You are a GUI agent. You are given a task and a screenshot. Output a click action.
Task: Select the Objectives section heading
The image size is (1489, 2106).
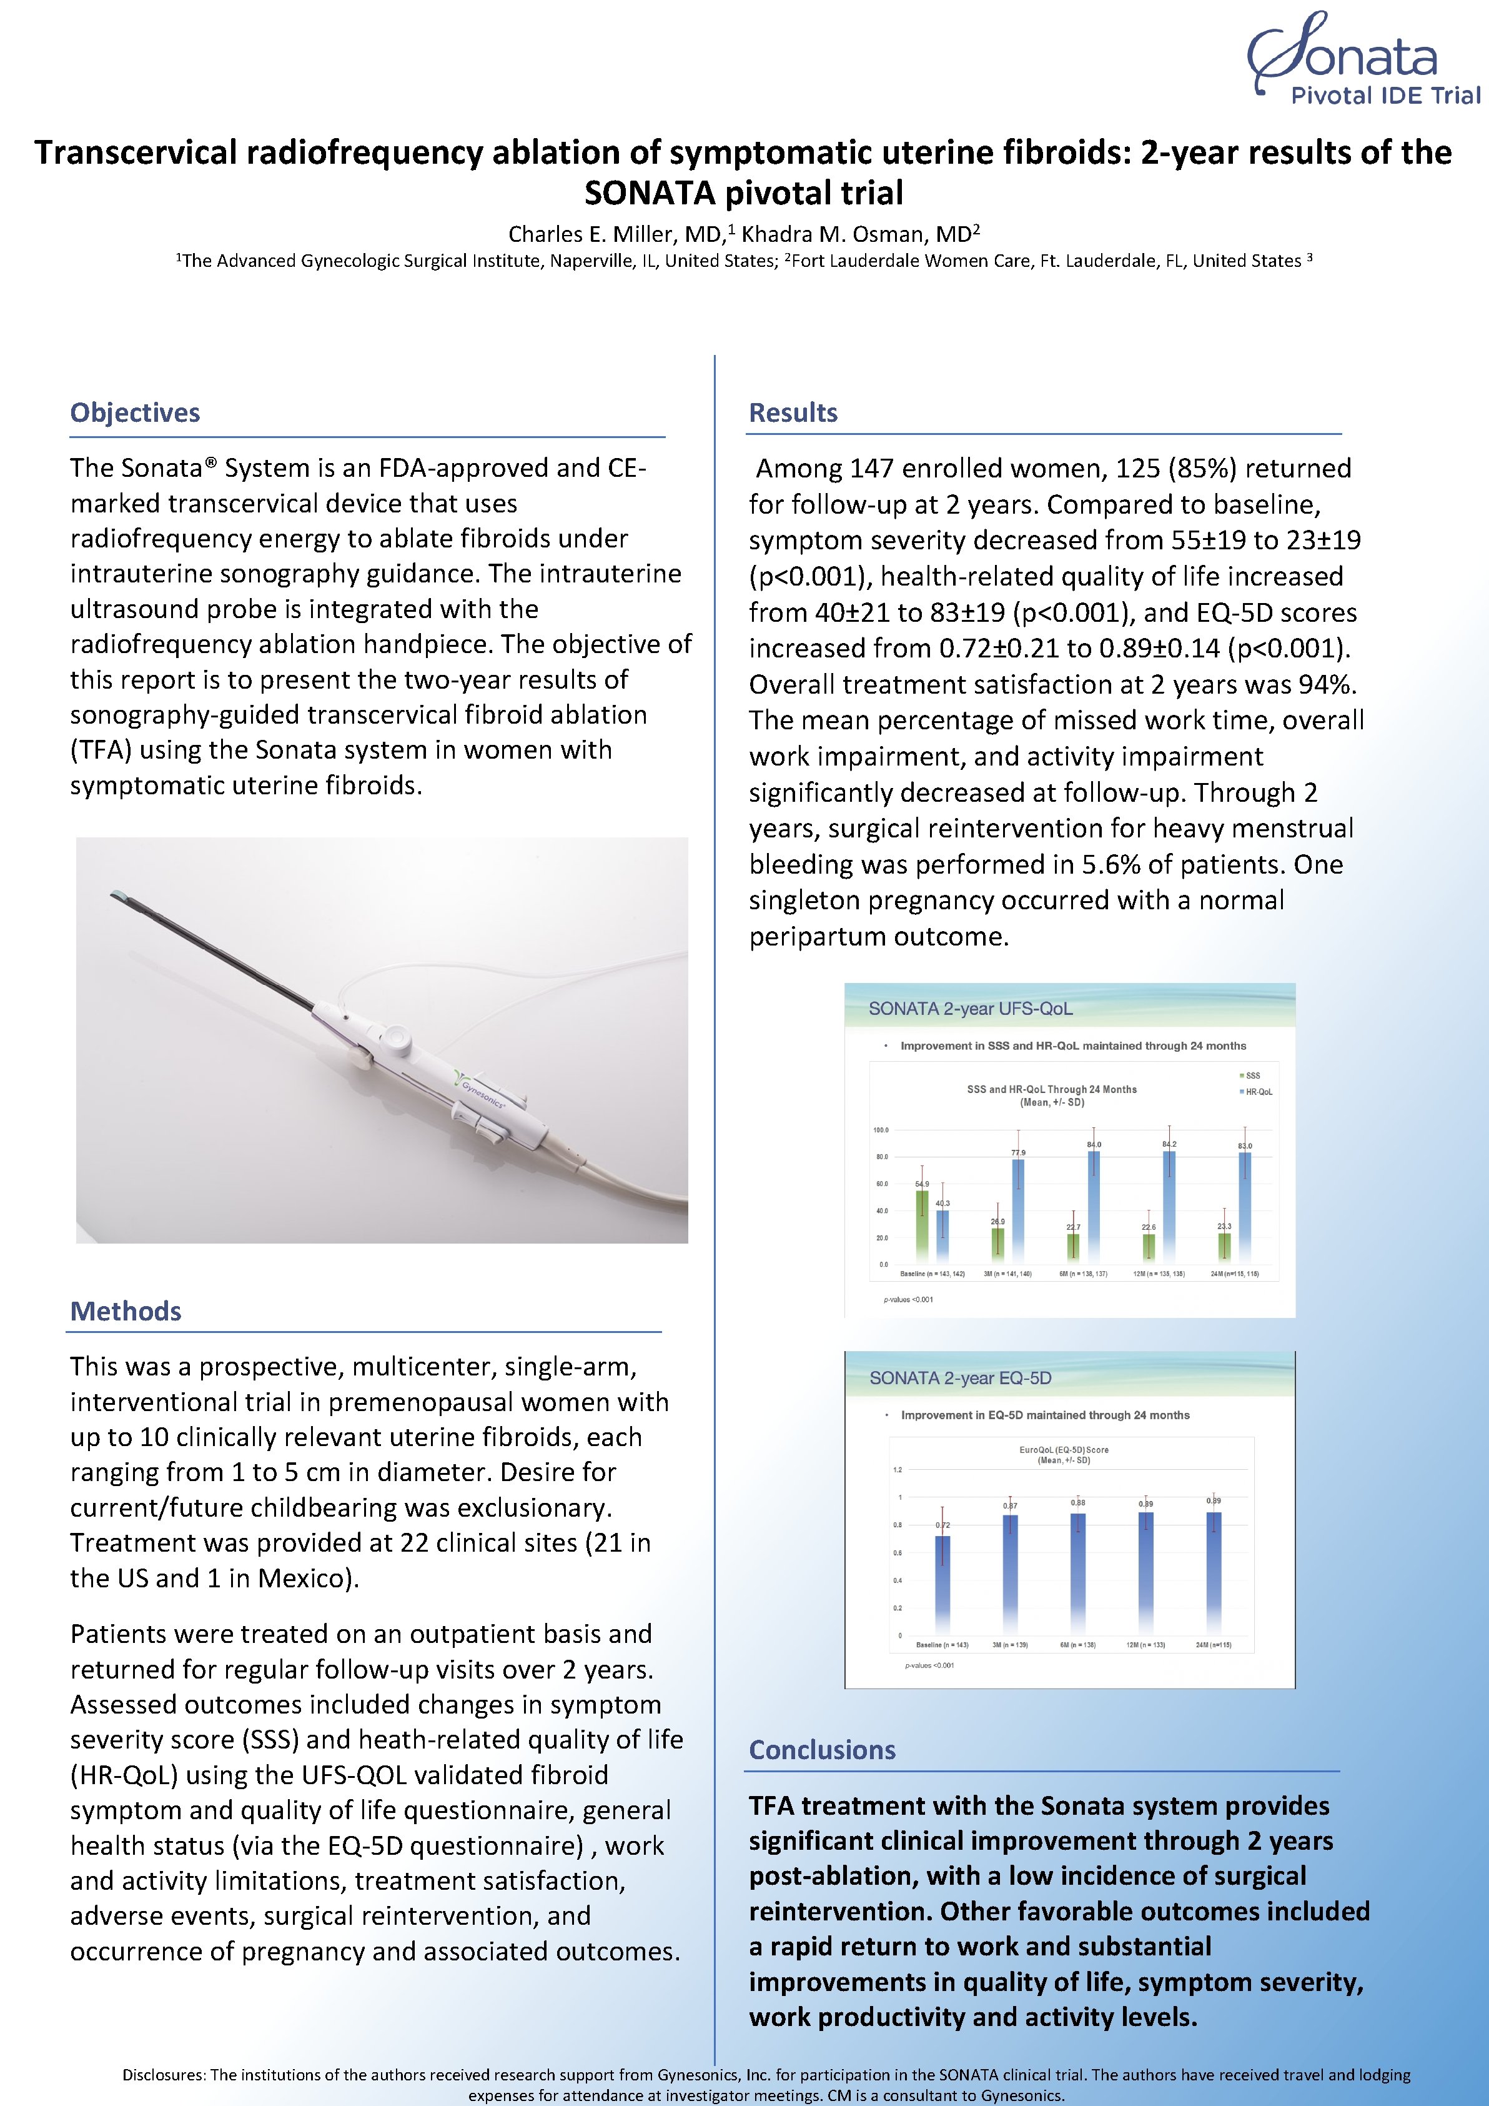135,412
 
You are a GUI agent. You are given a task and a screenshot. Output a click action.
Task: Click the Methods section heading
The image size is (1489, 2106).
126,1312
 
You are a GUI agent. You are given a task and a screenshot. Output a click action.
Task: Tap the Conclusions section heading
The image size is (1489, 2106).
821,1750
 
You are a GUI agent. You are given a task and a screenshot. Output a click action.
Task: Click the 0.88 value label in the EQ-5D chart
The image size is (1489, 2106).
1077,1502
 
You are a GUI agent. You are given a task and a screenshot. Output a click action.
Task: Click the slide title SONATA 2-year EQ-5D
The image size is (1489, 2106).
960,1379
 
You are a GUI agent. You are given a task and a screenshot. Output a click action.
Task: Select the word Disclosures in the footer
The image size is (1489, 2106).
164,2075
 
